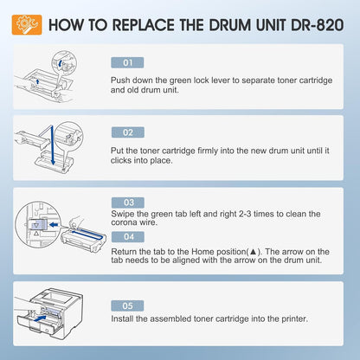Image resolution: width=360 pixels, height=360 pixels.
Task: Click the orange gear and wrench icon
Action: click(x=27, y=25)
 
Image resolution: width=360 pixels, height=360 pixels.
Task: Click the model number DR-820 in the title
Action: click(x=317, y=25)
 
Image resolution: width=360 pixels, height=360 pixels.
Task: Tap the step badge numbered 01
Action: click(x=127, y=62)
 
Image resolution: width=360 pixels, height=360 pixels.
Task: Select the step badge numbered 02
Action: click(x=128, y=132)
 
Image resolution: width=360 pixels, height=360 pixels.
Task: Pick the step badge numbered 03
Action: click(x=128, y=202)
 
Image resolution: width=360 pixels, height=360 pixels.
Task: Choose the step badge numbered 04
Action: click(x=128, y=237)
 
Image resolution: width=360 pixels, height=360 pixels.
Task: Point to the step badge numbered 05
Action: click(x=127, y=305)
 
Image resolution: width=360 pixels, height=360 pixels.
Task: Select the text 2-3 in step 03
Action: click(x=245, y=214)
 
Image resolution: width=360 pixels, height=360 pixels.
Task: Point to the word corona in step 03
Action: click(x=124, y=222)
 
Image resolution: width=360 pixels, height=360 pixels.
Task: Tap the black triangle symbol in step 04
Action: click(x=253, y=252)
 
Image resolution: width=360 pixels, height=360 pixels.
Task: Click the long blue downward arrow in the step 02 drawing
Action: click(x=52, y=145)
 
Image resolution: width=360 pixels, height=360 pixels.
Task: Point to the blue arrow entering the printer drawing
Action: click(x=40, y=318)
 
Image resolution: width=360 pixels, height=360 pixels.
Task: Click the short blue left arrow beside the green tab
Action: click(x=54, y=224)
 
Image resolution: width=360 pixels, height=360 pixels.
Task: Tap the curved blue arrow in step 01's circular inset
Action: click(x=60, y=63)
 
